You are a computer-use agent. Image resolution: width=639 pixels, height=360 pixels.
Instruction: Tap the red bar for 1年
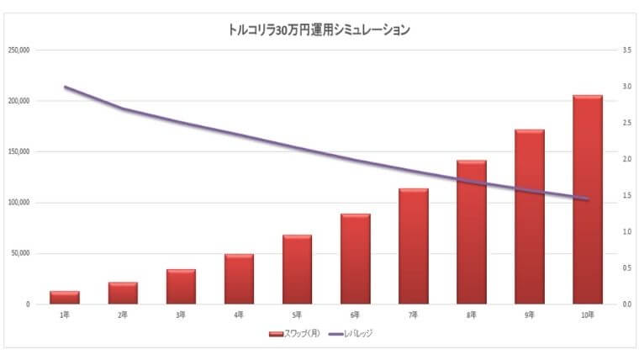point(65,298)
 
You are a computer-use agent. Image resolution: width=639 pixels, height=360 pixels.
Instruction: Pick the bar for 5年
point(297,269)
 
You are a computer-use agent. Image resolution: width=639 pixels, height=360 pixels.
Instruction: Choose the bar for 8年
point(472,231)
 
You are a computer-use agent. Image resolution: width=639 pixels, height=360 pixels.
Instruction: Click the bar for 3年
point(181,287)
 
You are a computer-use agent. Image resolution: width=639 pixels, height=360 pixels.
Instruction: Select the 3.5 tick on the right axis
point(627,50)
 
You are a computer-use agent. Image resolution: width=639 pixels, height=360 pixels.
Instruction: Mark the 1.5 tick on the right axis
point(627,196)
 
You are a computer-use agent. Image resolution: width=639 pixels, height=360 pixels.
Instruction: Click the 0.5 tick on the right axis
point(627,268)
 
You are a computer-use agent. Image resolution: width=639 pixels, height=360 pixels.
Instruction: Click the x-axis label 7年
point(414,315)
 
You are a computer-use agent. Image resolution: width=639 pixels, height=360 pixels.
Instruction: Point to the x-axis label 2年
point(123,315)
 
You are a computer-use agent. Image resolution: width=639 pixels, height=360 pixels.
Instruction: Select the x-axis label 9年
point(530,315)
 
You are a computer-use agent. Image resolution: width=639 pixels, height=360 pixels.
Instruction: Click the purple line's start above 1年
point(65,87)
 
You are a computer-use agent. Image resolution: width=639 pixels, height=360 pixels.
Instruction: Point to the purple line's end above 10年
point(588,199)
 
